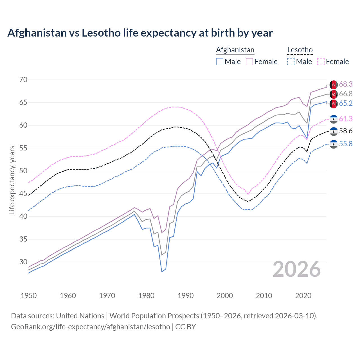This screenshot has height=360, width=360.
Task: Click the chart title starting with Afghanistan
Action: coord(140,33)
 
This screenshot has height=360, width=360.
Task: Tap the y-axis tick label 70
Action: coord(23,80)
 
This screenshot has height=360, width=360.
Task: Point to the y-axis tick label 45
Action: coord(23,194)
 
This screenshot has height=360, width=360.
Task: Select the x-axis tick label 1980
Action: coord(146,296)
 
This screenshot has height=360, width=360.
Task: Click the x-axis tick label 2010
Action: coord(264,296)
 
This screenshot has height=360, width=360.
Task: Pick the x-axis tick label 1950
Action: coord(29,296)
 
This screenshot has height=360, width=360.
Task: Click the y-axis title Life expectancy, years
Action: coord(12,180)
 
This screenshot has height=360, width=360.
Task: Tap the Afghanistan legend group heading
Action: coord(235,50)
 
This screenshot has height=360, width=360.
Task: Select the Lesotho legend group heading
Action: coord(300,50)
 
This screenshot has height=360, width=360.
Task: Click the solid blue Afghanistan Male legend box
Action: coord(220,62)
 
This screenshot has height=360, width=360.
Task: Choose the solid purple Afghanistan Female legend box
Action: coord(249,62)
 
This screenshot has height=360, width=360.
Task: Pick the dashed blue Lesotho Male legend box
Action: coord(291,62)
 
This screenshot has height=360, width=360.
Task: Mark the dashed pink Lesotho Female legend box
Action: coord(321,62)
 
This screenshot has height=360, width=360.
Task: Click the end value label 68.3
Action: coord(346,84)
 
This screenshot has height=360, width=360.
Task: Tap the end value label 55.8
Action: coord(346,144)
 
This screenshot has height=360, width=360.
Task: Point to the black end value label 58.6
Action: coord(346,131)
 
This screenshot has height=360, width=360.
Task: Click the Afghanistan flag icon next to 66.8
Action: coord(334,94)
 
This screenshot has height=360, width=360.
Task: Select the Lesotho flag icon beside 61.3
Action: coord(334,119)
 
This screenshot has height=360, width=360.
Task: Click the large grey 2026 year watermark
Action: coord(297,269)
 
